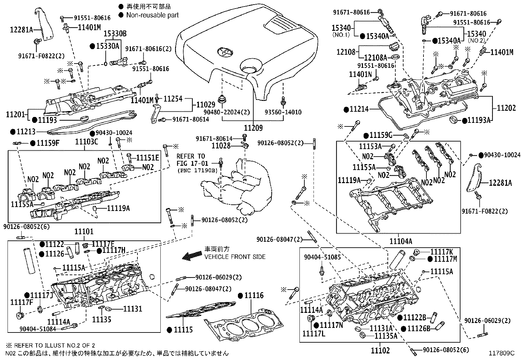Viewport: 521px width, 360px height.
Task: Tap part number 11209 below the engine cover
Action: [x=253, y=128]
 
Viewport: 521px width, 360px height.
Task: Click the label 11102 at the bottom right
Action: [x=380, y=351]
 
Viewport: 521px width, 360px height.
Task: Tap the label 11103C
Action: [x=86, y=142]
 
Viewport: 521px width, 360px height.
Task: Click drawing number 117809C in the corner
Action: [x=502, y=353]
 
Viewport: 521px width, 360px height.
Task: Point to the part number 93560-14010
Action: [x=283, y=112]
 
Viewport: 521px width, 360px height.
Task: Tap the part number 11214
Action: [x=359, y=109]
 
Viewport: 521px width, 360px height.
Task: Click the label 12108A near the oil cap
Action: [x=376, y=58]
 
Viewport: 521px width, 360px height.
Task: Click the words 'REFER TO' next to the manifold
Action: [x=191, y=156]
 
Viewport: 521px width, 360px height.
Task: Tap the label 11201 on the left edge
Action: [x=16, y=114]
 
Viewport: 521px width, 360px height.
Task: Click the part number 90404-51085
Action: [x=322, y=257]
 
